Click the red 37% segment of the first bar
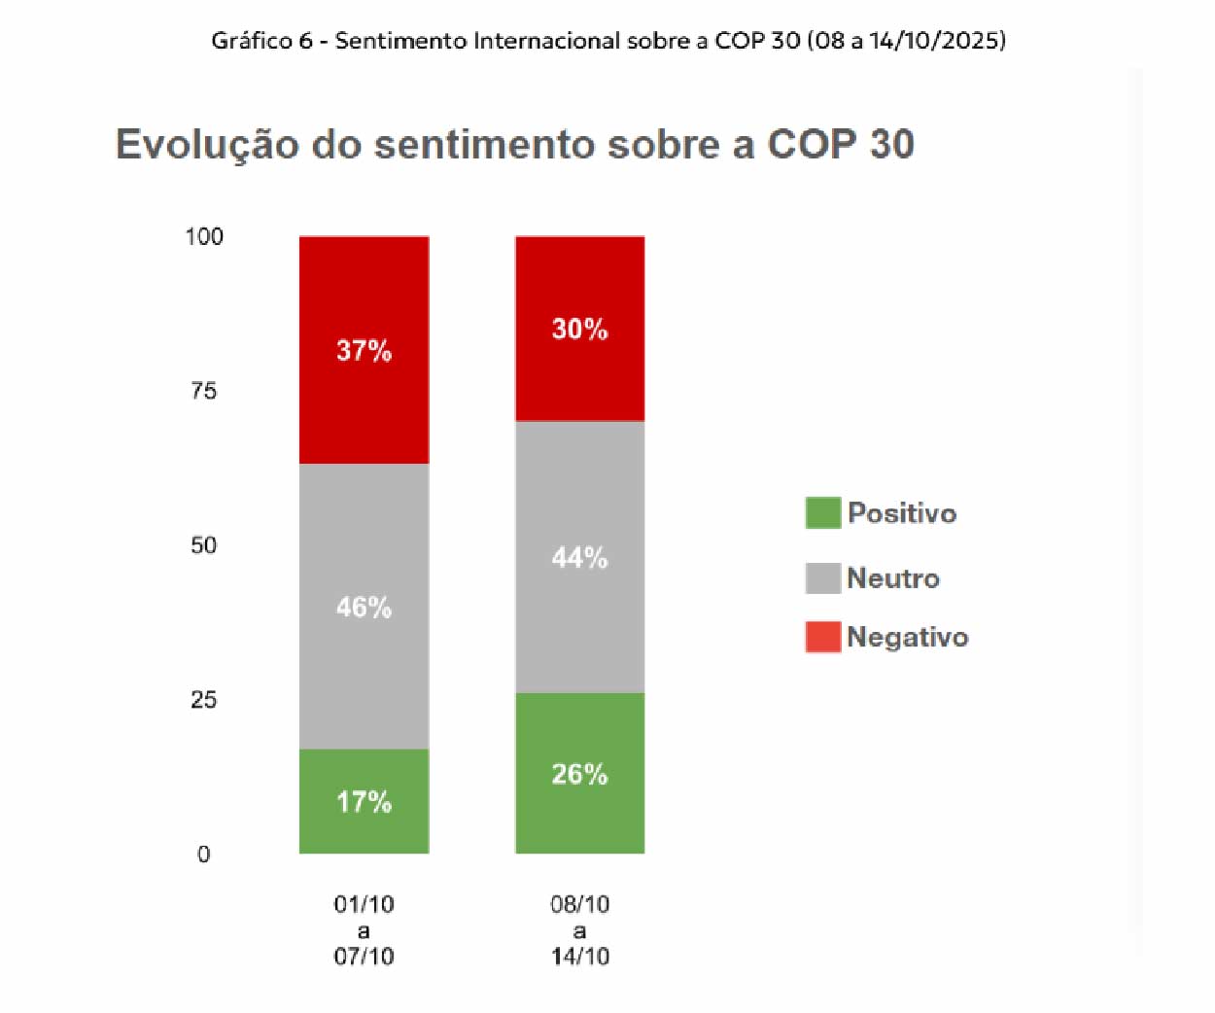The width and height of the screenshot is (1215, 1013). (364, 350)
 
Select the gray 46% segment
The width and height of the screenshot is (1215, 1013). (364, 606)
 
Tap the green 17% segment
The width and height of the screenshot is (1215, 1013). (364, 801)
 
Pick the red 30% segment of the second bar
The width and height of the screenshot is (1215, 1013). (579, 329)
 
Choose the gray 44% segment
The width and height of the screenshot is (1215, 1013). (579, 557)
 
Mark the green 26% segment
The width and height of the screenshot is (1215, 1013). (579, 774)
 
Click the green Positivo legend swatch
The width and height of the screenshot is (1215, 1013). (822, 512)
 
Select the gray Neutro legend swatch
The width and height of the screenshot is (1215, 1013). (822, 577)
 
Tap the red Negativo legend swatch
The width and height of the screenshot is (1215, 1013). (822, 637)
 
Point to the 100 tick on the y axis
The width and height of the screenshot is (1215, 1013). (204, 236)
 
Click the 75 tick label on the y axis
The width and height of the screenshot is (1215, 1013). (203, 391)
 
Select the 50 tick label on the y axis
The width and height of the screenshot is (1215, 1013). (203, 545)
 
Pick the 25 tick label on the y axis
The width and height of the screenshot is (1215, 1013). (203, 700)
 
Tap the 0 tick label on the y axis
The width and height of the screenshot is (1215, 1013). (203, 855)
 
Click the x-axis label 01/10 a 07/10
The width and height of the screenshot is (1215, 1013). (364, 930)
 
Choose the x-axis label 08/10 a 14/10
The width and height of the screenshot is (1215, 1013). (579, 930)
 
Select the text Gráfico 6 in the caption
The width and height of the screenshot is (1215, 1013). (261, 41)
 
